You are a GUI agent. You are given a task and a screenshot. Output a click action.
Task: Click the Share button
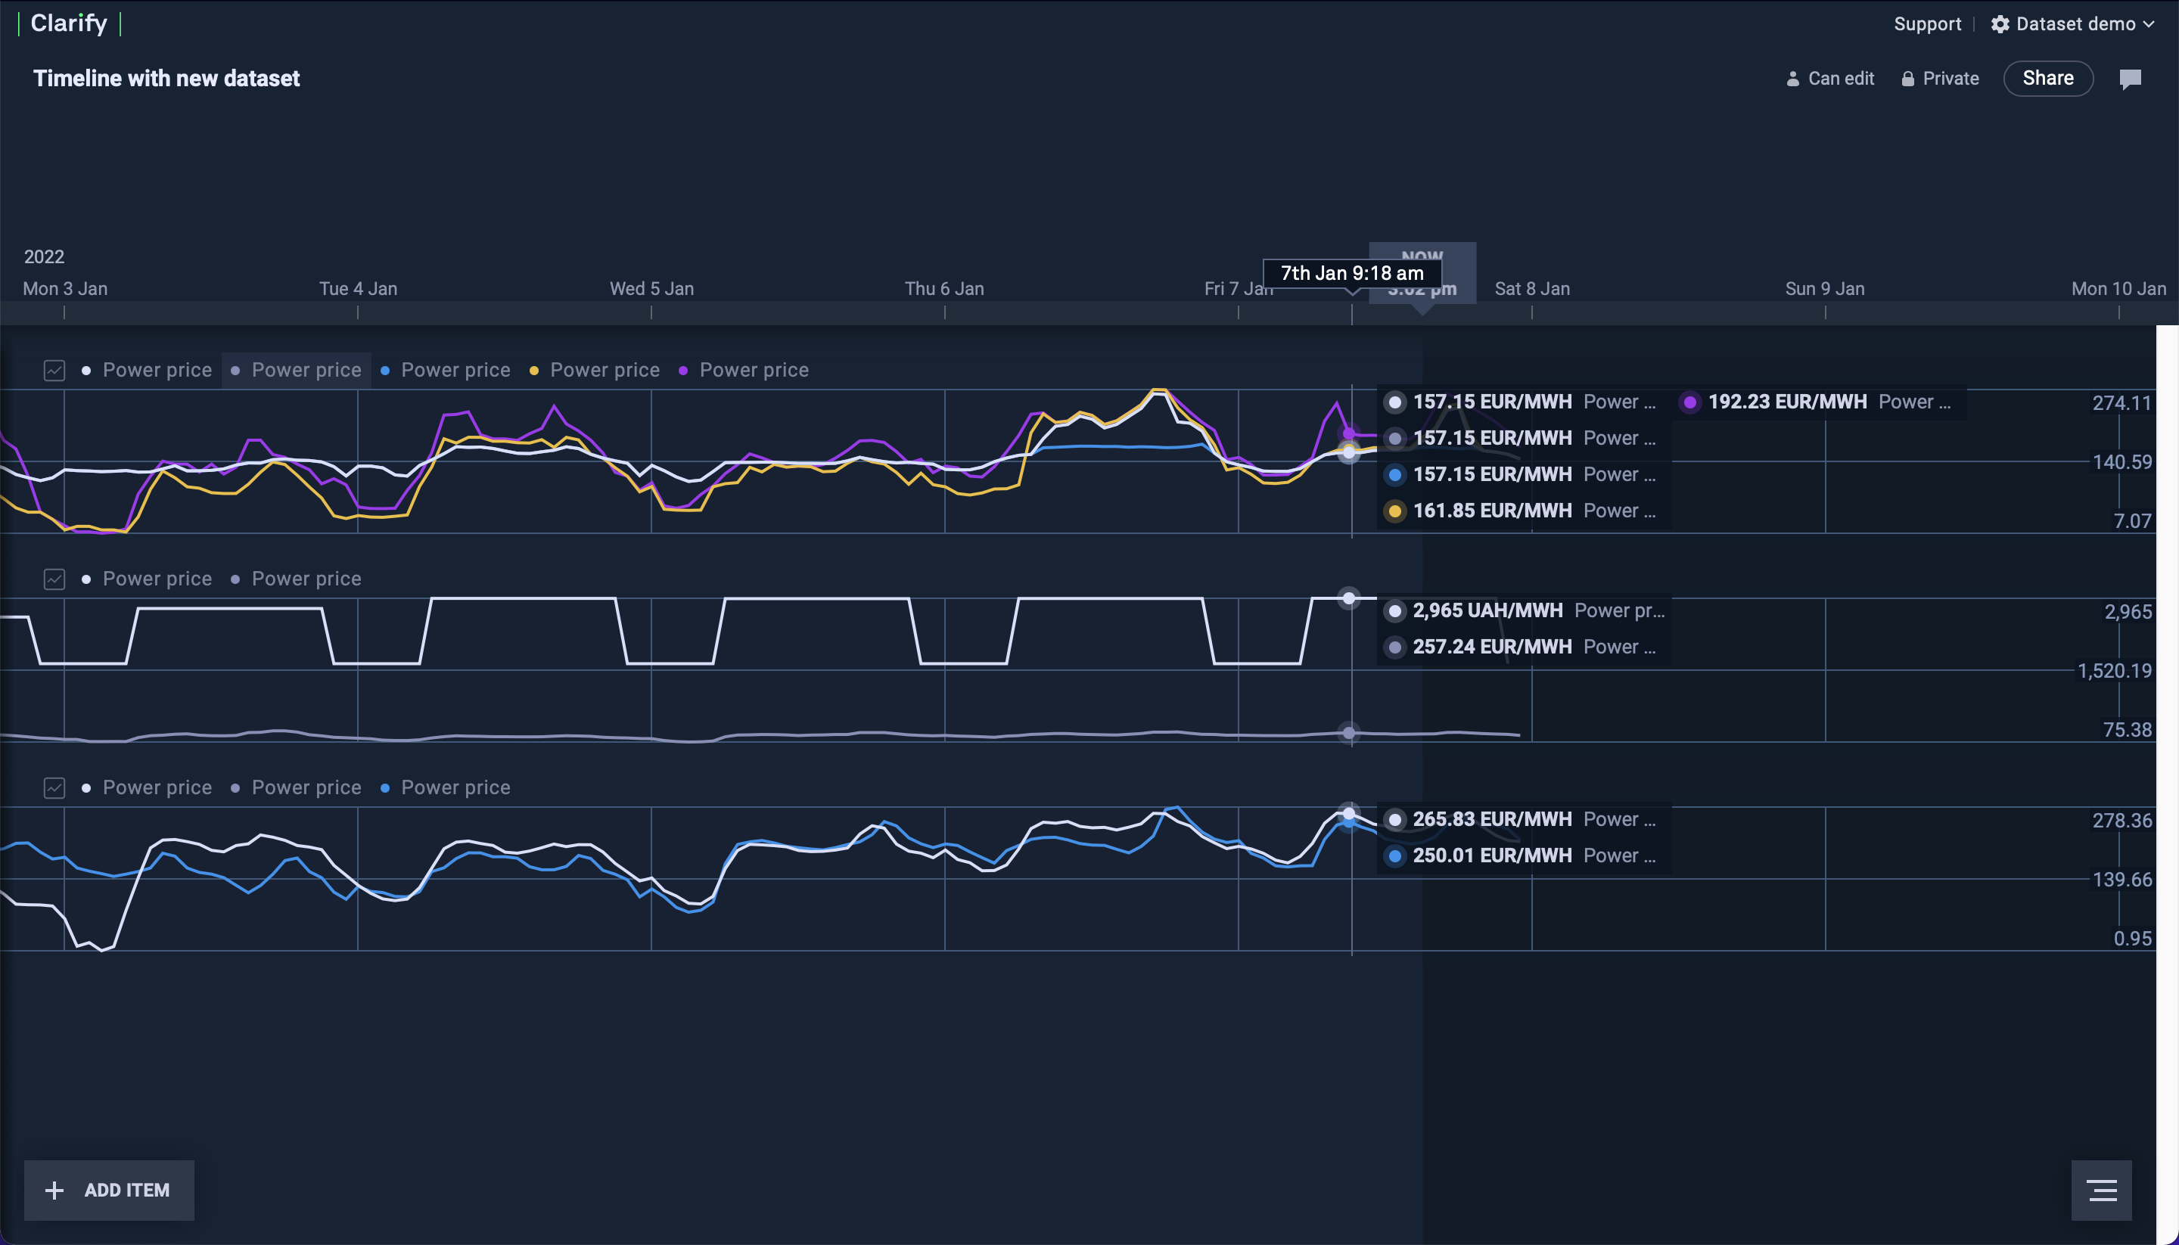pos(2047,79)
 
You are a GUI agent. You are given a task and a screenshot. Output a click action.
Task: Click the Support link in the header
pos(1927,24)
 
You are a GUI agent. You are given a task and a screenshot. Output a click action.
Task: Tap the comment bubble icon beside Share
pos(2131,79)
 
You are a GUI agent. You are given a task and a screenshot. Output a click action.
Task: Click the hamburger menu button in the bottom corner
pos(2101,1190)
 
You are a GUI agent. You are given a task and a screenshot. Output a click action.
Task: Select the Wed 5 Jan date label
pos(651,289)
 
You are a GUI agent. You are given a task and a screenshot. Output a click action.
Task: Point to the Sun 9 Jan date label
pos(1824,289)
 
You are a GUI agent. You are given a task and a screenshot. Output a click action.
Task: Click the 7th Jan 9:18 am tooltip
pos(1351,274)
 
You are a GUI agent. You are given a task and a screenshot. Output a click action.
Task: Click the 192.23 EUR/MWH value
pos(1786,402)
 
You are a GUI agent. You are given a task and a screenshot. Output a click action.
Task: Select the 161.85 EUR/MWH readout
pos(1491,511)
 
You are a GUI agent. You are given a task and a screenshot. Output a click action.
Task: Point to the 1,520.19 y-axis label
pos(2114,671)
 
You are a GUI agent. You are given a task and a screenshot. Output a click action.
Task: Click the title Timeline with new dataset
pos(166,79)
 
